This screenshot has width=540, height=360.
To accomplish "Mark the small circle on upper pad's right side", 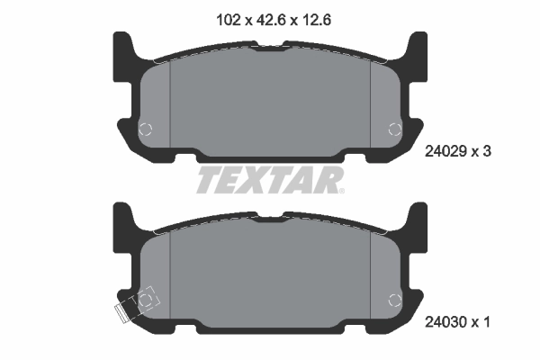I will pos(393,129).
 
